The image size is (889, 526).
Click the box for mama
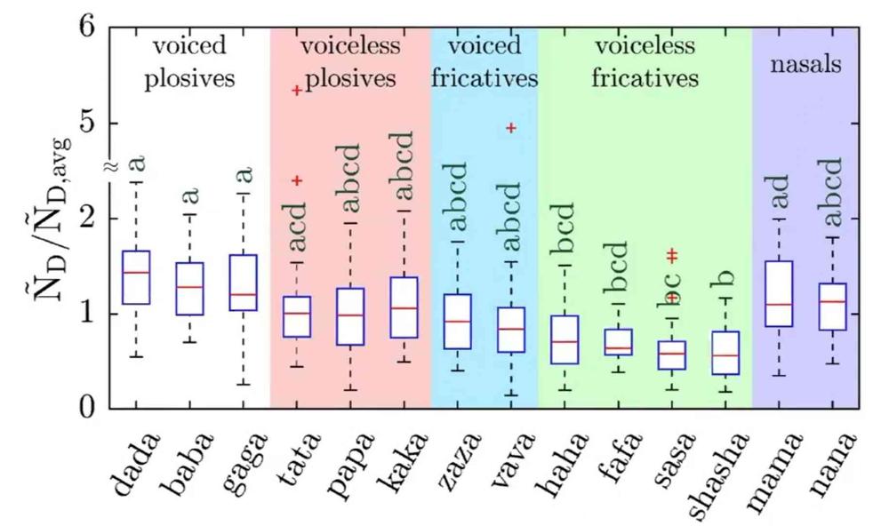pos(779,294)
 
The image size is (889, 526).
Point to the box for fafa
pos(618,341)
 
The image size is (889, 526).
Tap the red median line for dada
pos(135,273)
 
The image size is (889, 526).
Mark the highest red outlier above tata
pos(297,90)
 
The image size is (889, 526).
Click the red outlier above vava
pos(511,128)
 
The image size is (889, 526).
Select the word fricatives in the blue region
pos(485,78)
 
